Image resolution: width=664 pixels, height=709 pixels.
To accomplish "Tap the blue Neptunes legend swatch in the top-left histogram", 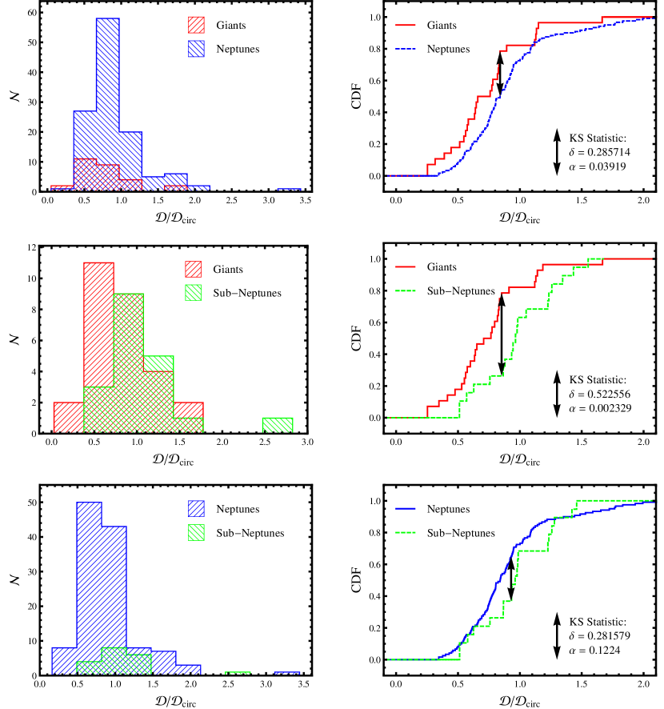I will (x=195, y=49).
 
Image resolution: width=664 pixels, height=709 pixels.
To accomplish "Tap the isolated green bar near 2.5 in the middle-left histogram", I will (x=278, y=426).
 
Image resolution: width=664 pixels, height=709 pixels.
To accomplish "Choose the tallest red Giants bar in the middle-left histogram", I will (x=98, y=348).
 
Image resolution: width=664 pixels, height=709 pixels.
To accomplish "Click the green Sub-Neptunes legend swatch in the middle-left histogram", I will (x=195, y=292).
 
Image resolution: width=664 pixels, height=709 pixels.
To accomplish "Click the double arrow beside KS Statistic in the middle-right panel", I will (x=557, y=394).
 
